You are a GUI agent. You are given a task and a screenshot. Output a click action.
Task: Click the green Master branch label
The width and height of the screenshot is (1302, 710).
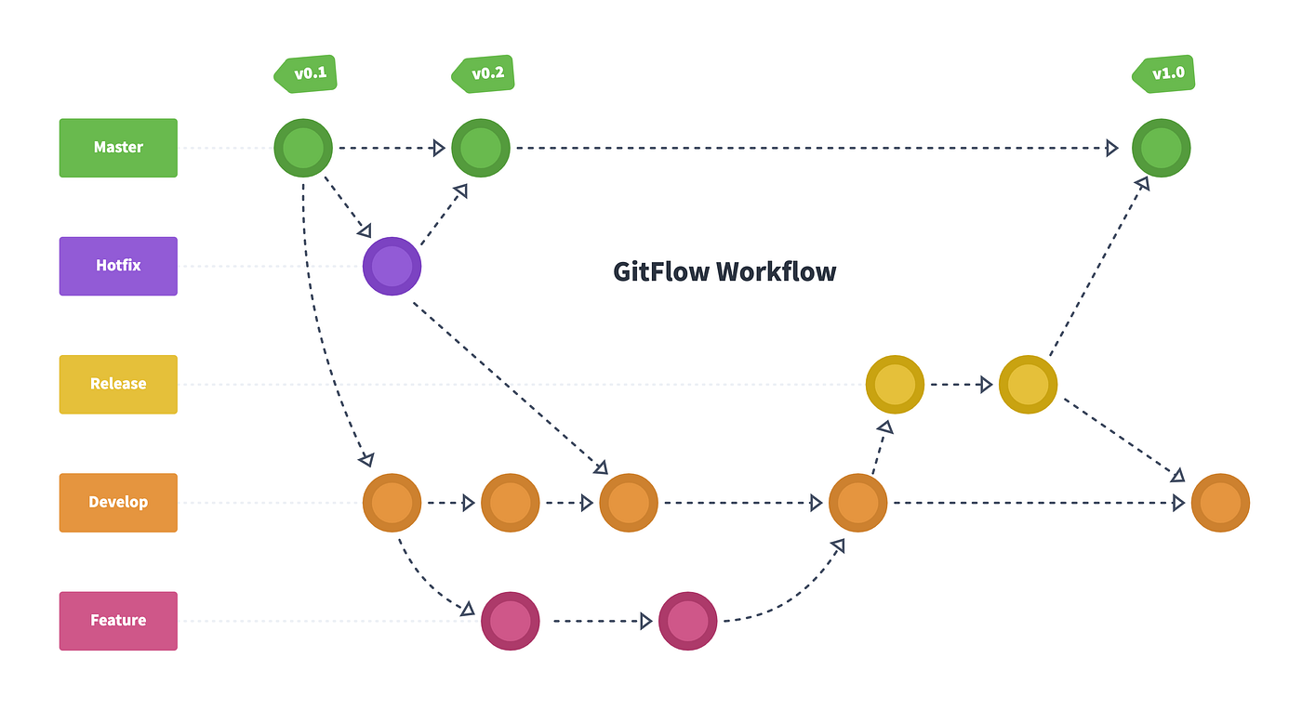(118, 148)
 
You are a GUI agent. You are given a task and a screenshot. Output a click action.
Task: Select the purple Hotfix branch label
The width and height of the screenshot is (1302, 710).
(118, 266)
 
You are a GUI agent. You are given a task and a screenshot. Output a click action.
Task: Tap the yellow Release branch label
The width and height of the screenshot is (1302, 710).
(118, 384)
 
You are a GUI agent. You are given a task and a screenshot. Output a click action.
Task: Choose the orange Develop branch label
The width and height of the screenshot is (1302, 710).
(118, 503)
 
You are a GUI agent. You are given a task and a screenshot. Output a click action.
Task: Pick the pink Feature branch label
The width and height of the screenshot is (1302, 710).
(118, 621)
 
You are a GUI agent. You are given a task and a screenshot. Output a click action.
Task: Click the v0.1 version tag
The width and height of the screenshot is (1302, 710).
(307, 74)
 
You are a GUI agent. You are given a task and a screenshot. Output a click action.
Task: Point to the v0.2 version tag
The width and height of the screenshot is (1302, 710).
(485, 74)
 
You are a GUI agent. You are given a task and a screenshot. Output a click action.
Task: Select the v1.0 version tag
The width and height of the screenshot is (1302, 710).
(1164, 74)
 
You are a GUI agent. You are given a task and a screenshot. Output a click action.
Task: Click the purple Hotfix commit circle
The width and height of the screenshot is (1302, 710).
(392, 267)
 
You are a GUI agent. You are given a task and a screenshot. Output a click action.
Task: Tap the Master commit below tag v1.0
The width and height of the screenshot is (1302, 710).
(1161, 148)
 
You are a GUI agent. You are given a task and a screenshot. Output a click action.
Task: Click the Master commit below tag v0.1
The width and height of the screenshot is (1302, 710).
(303, 148)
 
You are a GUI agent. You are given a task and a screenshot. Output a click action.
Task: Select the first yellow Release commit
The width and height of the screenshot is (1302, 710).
(895, 385)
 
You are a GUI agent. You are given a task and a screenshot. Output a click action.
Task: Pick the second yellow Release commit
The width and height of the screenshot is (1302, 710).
(1028, 385)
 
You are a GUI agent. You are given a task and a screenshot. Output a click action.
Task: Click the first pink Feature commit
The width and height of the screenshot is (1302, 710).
(510, 621)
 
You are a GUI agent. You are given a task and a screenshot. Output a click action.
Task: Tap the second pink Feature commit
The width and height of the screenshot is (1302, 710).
(687, 621)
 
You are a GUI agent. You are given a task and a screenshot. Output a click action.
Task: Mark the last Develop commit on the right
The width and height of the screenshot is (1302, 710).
(1220, 503)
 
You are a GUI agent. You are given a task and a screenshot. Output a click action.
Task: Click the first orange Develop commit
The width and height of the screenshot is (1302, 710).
(392, 503)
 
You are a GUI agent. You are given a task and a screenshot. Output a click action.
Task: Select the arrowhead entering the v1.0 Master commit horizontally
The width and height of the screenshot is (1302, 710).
(1112, 148)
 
